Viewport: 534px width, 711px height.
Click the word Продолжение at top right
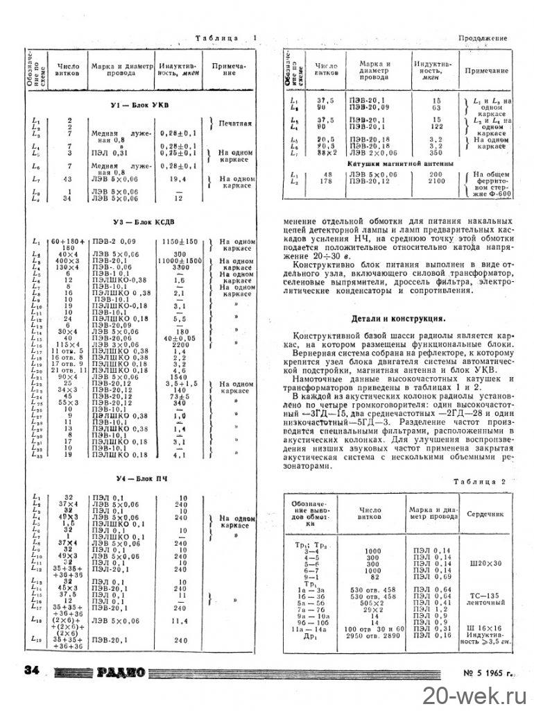click(x=483, y=37)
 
